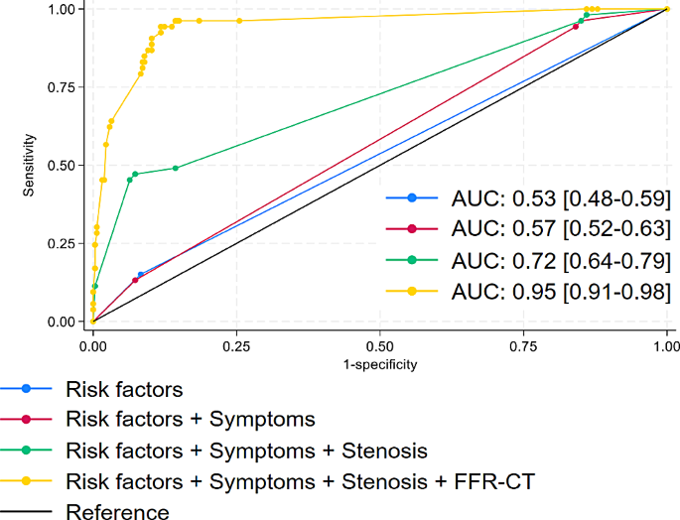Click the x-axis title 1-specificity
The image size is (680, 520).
(379, 364)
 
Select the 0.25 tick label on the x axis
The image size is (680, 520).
(236, 347)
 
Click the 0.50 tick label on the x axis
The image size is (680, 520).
(379, 347)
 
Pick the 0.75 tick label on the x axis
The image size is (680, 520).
(523, 347)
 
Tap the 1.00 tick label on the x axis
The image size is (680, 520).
(666, 347)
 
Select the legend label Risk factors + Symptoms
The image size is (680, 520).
(190, 420)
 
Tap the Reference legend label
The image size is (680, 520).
(117, 511)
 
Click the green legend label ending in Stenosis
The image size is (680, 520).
(246, 451)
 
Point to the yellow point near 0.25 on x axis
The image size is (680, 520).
(238, 21)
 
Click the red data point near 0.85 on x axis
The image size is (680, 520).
(576, 27)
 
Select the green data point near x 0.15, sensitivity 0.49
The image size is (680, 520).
(176, 168)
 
